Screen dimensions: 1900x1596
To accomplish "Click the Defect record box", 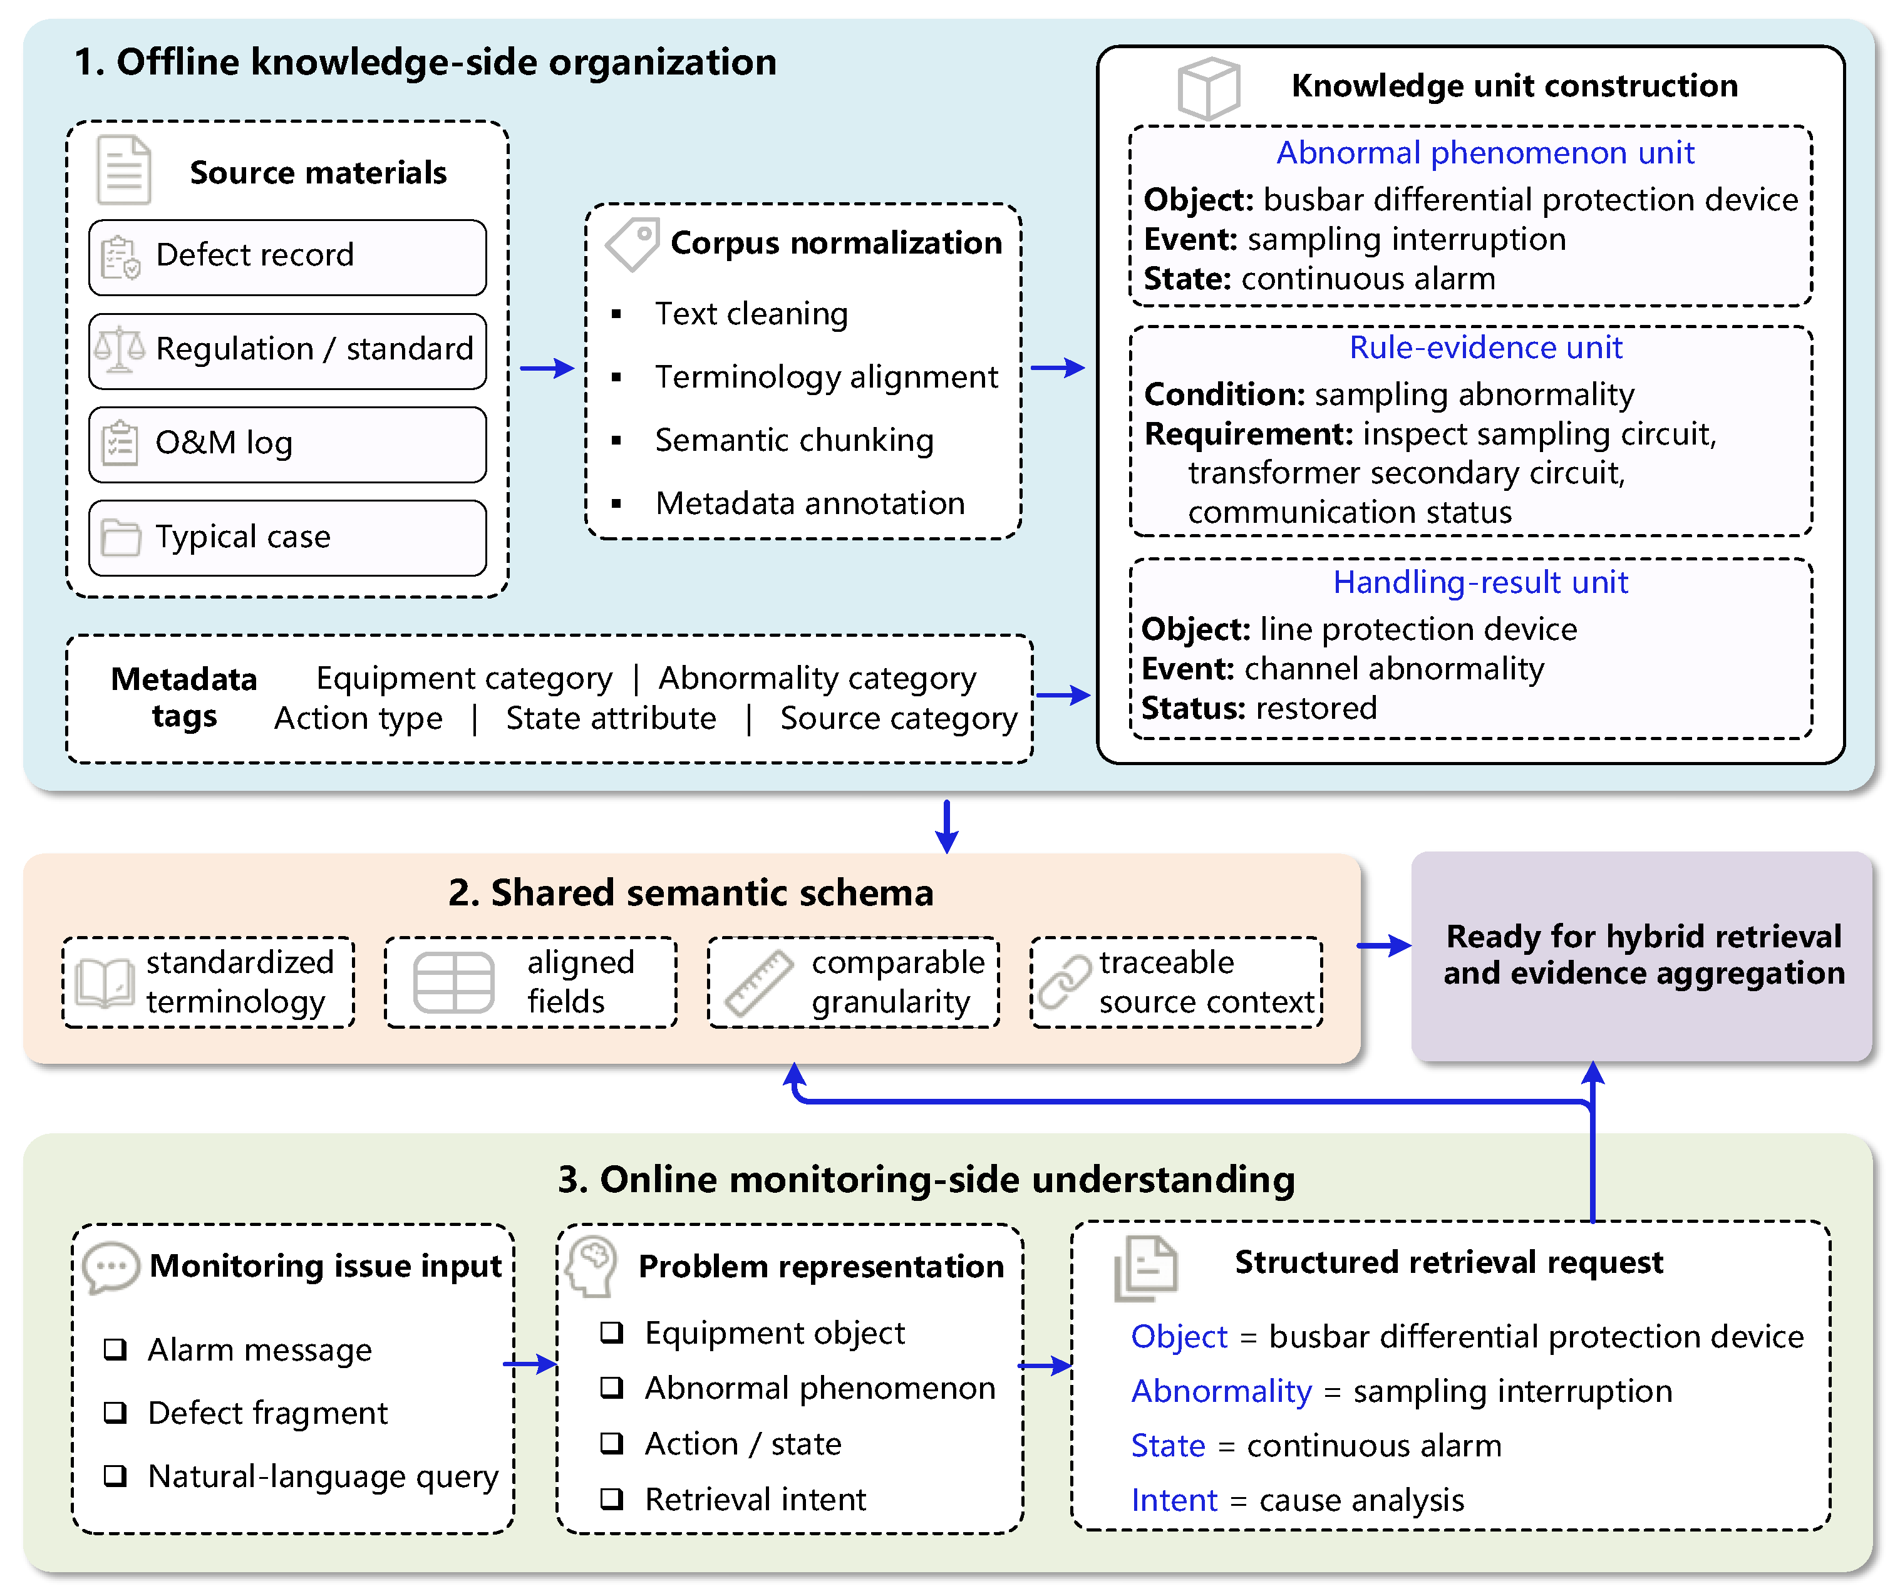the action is (287, 257).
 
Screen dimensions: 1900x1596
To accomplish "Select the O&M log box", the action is (287, 445).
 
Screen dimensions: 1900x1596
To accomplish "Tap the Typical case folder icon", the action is (120, 537).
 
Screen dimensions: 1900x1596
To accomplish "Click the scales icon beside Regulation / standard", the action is (120, 350).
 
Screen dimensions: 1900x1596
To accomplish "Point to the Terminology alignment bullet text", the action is (826, 376).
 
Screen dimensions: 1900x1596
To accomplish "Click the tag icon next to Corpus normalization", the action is (632, 244).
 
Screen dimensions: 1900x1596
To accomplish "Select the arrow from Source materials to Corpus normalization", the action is (547, 368).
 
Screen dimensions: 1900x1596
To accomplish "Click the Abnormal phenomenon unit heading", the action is (1485, 153).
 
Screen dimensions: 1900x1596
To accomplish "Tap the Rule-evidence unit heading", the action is (1485, 348).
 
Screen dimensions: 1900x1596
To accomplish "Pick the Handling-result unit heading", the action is (1480, 582).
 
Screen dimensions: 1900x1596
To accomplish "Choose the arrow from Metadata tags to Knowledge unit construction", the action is (1063, 695).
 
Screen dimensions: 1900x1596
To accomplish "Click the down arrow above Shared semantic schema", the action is (946, 826).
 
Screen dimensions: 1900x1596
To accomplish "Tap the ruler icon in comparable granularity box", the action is (759, 984).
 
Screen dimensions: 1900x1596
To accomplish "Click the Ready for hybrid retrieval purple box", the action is (1642, 956).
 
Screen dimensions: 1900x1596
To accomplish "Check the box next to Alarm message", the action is (115, 1349).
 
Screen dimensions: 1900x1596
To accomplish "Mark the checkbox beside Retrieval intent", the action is (612, 1499).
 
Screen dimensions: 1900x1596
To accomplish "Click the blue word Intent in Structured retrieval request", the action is (1174, 1500).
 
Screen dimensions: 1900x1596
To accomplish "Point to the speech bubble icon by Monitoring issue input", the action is (110, 1267).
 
